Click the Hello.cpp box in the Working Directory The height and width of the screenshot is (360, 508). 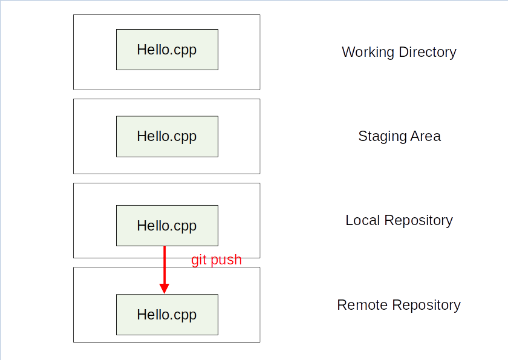click(167, 50)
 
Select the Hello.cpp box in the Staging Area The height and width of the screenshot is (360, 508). click(167, 136)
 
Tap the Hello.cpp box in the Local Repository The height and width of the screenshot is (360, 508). click(167, 225)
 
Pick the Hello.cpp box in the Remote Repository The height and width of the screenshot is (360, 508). click(167, 315)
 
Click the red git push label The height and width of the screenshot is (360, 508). click(217, 260)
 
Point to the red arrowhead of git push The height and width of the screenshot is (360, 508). click(164, 288)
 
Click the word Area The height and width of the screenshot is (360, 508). click(426, 136)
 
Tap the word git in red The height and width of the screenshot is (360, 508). click(199, 261)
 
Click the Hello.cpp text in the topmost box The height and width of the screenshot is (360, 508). click(167, 50)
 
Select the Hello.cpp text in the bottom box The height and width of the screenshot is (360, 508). click(167, 315)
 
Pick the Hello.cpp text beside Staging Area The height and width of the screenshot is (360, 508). click(167, 136)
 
